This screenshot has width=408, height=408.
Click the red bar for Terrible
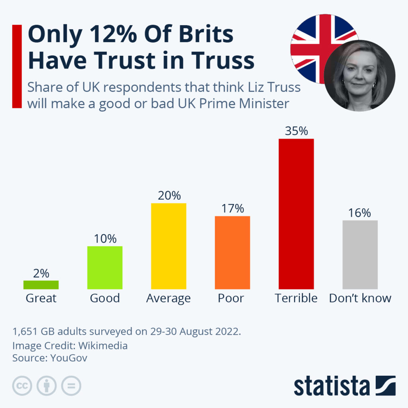click(x=296, y=214)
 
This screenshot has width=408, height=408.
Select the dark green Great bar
click(x=41, y=284)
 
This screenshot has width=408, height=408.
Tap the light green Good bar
click(x=105, y=267)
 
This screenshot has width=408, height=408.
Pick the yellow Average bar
click(x=169, y=246)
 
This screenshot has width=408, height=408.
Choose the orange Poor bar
click(x=232, y=252)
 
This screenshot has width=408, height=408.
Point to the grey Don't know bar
click(x=360, y=255)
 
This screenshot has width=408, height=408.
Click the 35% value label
click(x=296, y=131)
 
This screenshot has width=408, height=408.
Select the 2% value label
click(x=41, y=273)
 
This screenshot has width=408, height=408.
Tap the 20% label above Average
click(x=169, y=196)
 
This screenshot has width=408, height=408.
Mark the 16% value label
click(x=360, y=213)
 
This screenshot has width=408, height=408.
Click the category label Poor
click(x=231, y=298)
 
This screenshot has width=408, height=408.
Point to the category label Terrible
click(x=296, y=298)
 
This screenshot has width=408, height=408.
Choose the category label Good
click(x=105, y=298)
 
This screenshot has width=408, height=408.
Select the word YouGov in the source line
click(x=69, y=358)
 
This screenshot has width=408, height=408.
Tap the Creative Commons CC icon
click(x=23, y=386)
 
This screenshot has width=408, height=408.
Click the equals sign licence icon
click(x=71, y=386)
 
